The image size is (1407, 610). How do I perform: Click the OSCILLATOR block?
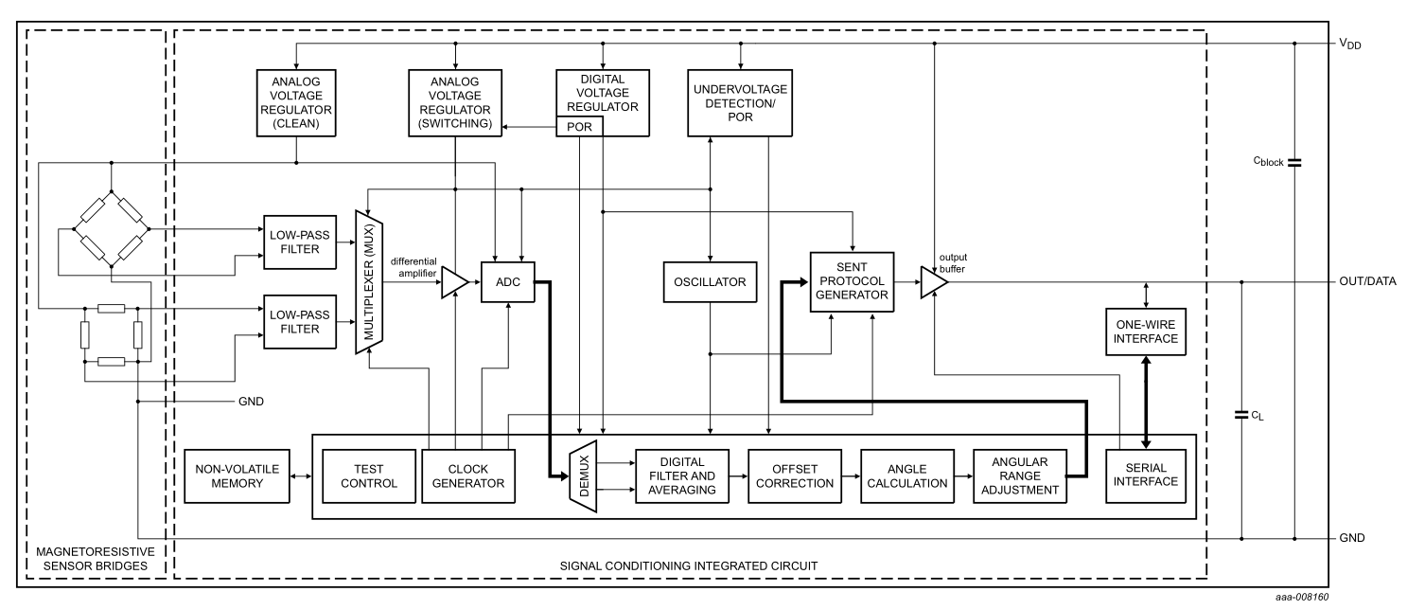(710, 282)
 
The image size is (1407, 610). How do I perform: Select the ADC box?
(508, 282)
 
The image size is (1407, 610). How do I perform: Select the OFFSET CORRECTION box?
(795, 475)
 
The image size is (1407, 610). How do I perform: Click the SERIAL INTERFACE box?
(1145, 475)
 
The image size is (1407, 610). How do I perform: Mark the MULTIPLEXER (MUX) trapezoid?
(368, 282)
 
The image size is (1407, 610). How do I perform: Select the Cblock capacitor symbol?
(1294, 162)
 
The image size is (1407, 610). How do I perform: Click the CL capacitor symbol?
(1241, 414)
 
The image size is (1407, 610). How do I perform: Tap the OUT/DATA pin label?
(1363, 282)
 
